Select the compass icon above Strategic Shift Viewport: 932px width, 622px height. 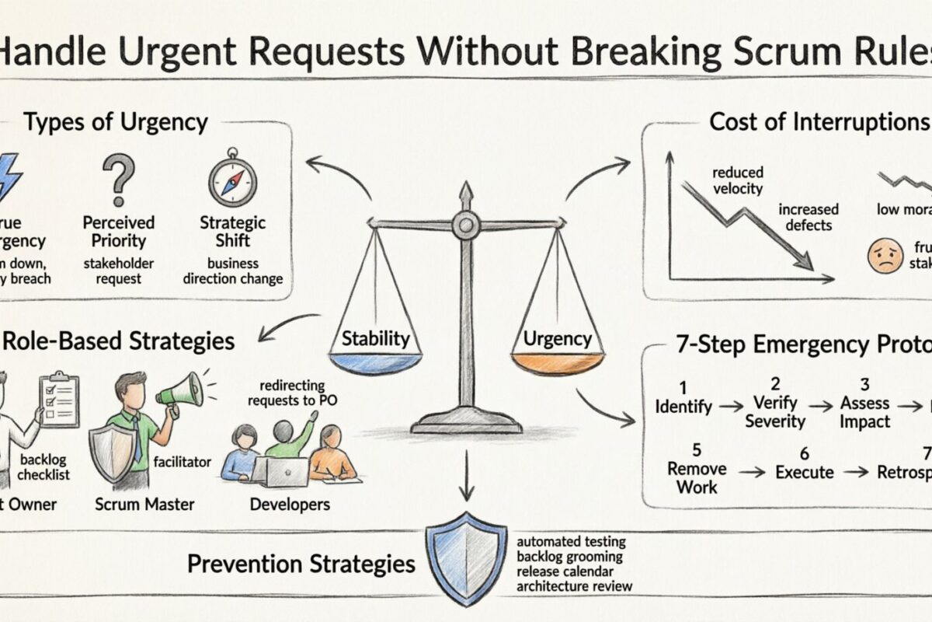point(232,178)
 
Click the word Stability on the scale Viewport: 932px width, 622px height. point(376,338)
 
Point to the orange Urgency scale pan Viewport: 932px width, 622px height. point(558,362)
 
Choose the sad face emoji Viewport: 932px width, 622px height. point(885,255)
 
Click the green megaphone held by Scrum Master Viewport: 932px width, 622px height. point(179,390)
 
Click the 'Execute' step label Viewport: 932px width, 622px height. point(804,472)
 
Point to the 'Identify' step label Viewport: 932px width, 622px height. point(683,406)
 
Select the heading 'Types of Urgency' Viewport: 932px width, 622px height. point(115,122)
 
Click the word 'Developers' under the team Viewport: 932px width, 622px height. point(290,505)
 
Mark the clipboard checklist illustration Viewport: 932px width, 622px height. point(59,398)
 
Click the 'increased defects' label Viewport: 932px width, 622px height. point(808,217)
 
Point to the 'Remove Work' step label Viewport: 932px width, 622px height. point(697,477)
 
